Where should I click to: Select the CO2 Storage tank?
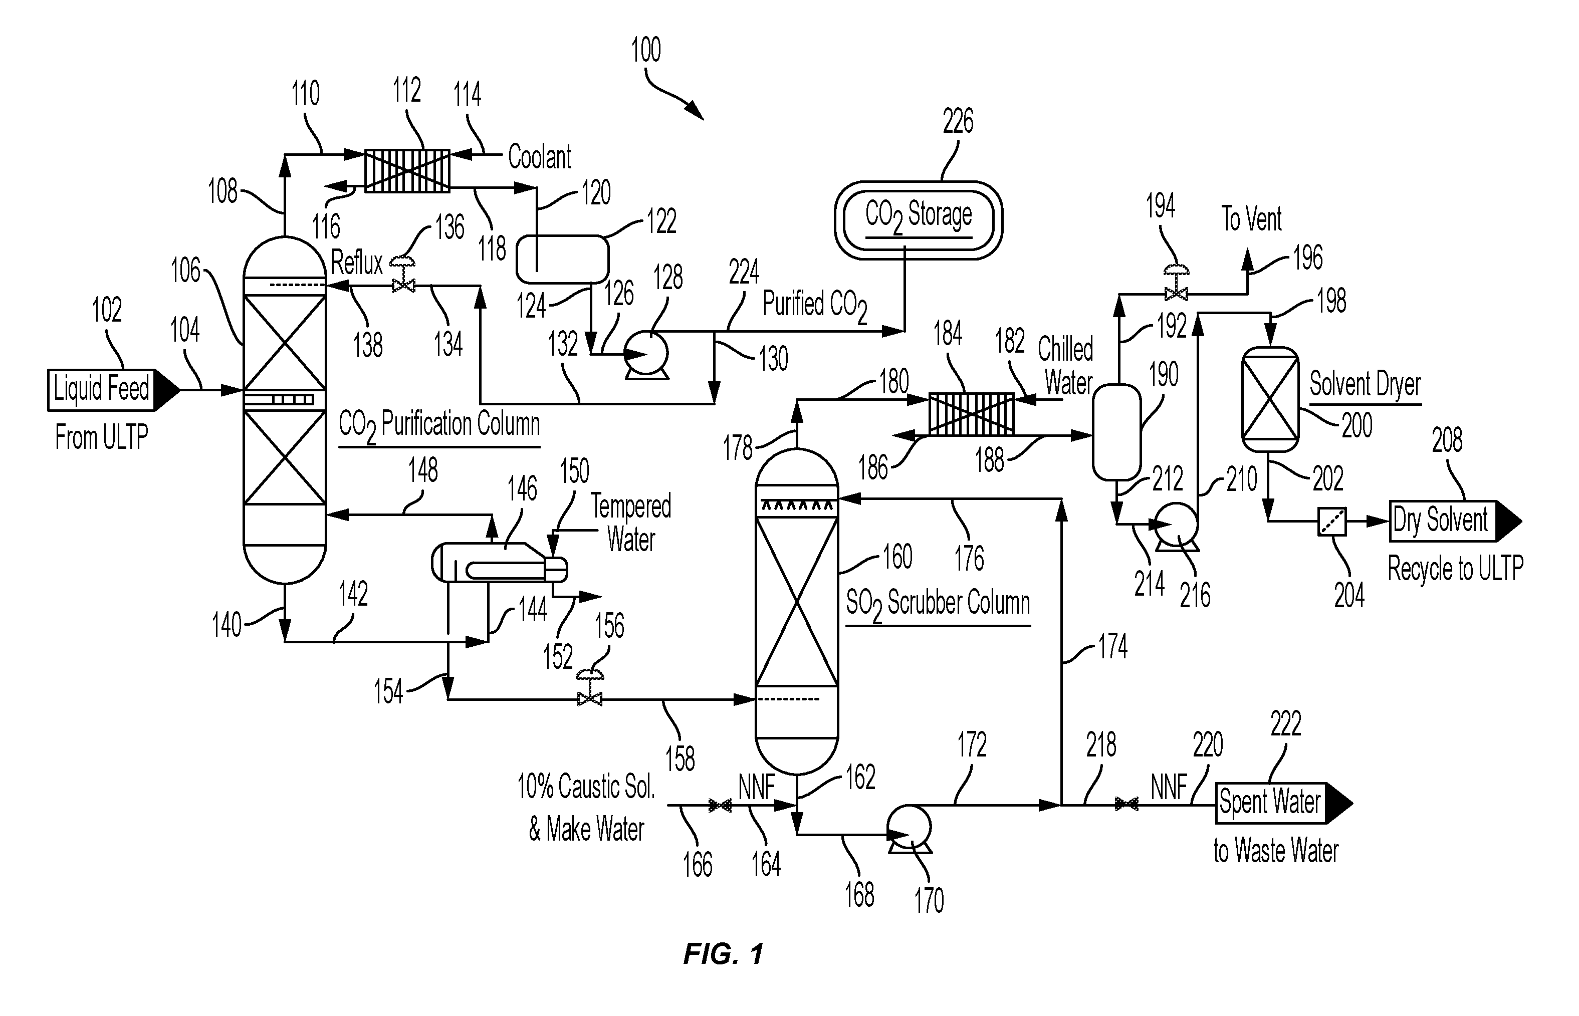918,220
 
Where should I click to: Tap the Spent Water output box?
1283,804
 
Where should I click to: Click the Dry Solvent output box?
1455,521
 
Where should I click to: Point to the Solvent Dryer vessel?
1270,399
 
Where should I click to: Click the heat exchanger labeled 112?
407,171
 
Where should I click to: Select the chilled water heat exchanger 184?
971,414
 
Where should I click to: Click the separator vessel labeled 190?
1116,432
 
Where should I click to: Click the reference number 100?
646,50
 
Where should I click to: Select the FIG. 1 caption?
723,953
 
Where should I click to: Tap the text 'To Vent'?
1251,218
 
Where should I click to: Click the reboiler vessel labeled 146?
499,562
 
